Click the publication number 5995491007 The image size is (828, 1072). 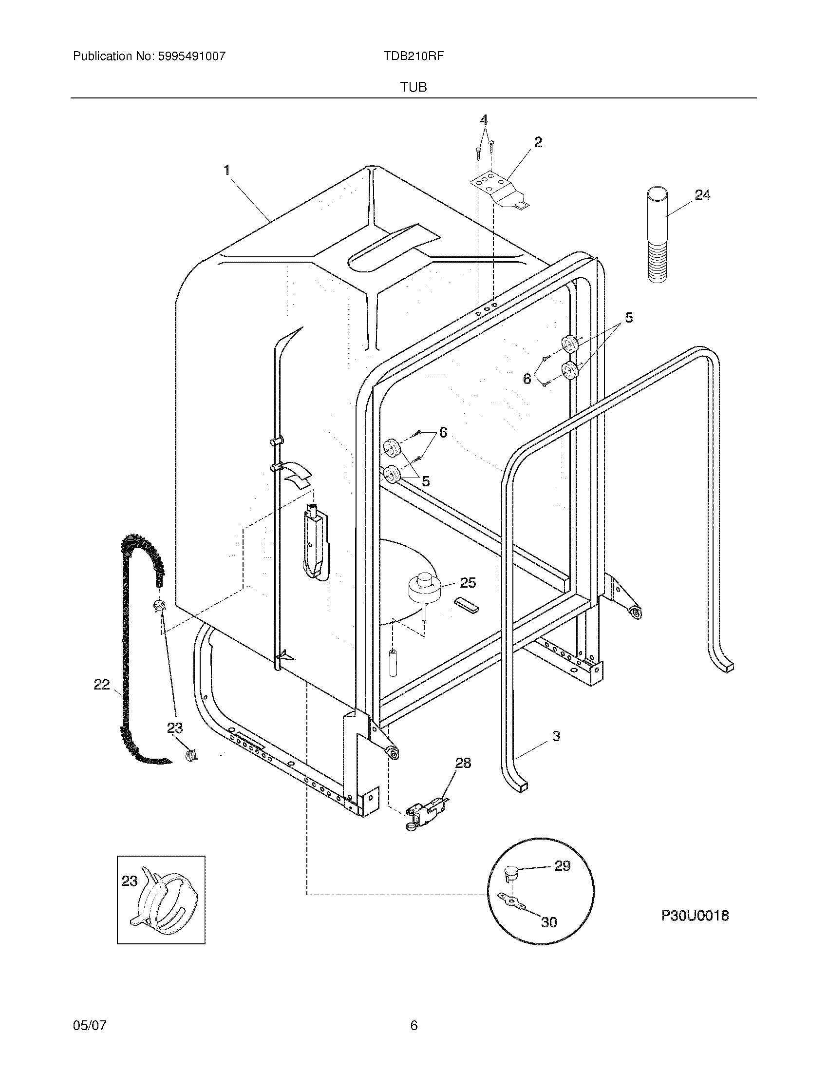click(192, 56)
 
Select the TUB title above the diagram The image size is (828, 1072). click(413, 87)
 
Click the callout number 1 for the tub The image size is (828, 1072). click(226, 171)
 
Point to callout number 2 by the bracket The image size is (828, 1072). click(538, 142)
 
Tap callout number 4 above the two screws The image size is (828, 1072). click(484, 120)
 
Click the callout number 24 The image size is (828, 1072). click(702, 195)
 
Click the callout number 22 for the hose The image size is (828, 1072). click(101, 684)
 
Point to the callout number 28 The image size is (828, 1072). click(463, 763)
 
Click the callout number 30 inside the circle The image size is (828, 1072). click(549, 922)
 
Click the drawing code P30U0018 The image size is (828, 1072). click(695, 916)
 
